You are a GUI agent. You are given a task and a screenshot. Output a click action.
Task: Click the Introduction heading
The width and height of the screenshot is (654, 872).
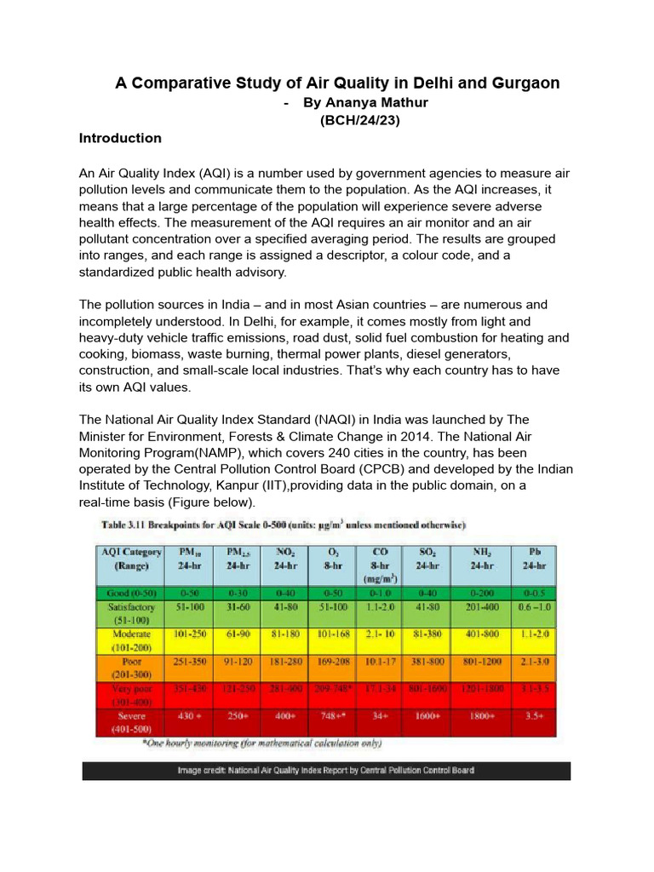[120, 138]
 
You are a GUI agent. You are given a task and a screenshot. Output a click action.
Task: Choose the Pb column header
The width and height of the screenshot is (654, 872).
[532, 559]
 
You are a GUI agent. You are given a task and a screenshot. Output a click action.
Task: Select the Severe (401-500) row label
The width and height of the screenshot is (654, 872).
[129, 722]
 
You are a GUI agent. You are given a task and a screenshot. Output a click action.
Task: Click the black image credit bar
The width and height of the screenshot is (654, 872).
[326, 771]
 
